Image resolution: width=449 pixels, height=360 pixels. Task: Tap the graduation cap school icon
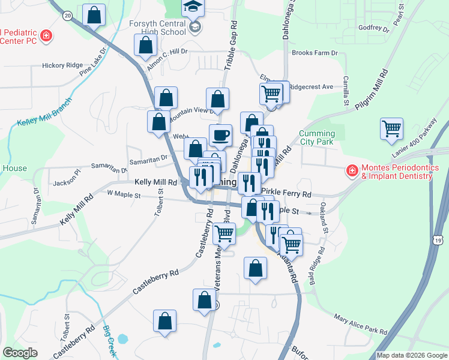(x=193, y=8)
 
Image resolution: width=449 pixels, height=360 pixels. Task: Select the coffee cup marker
(x=220, y=135)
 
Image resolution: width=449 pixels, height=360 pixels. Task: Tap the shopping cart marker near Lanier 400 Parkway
(x=391, y=128)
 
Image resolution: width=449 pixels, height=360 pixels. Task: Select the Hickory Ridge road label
(x=61, y=65)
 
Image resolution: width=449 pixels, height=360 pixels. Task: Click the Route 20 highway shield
(x=67, y=14)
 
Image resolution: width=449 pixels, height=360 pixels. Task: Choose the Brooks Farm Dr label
(x=315, y=53)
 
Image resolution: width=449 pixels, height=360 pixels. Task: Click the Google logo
(x=20, y=353)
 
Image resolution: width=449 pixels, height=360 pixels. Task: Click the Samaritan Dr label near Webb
(x=111, y=163)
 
